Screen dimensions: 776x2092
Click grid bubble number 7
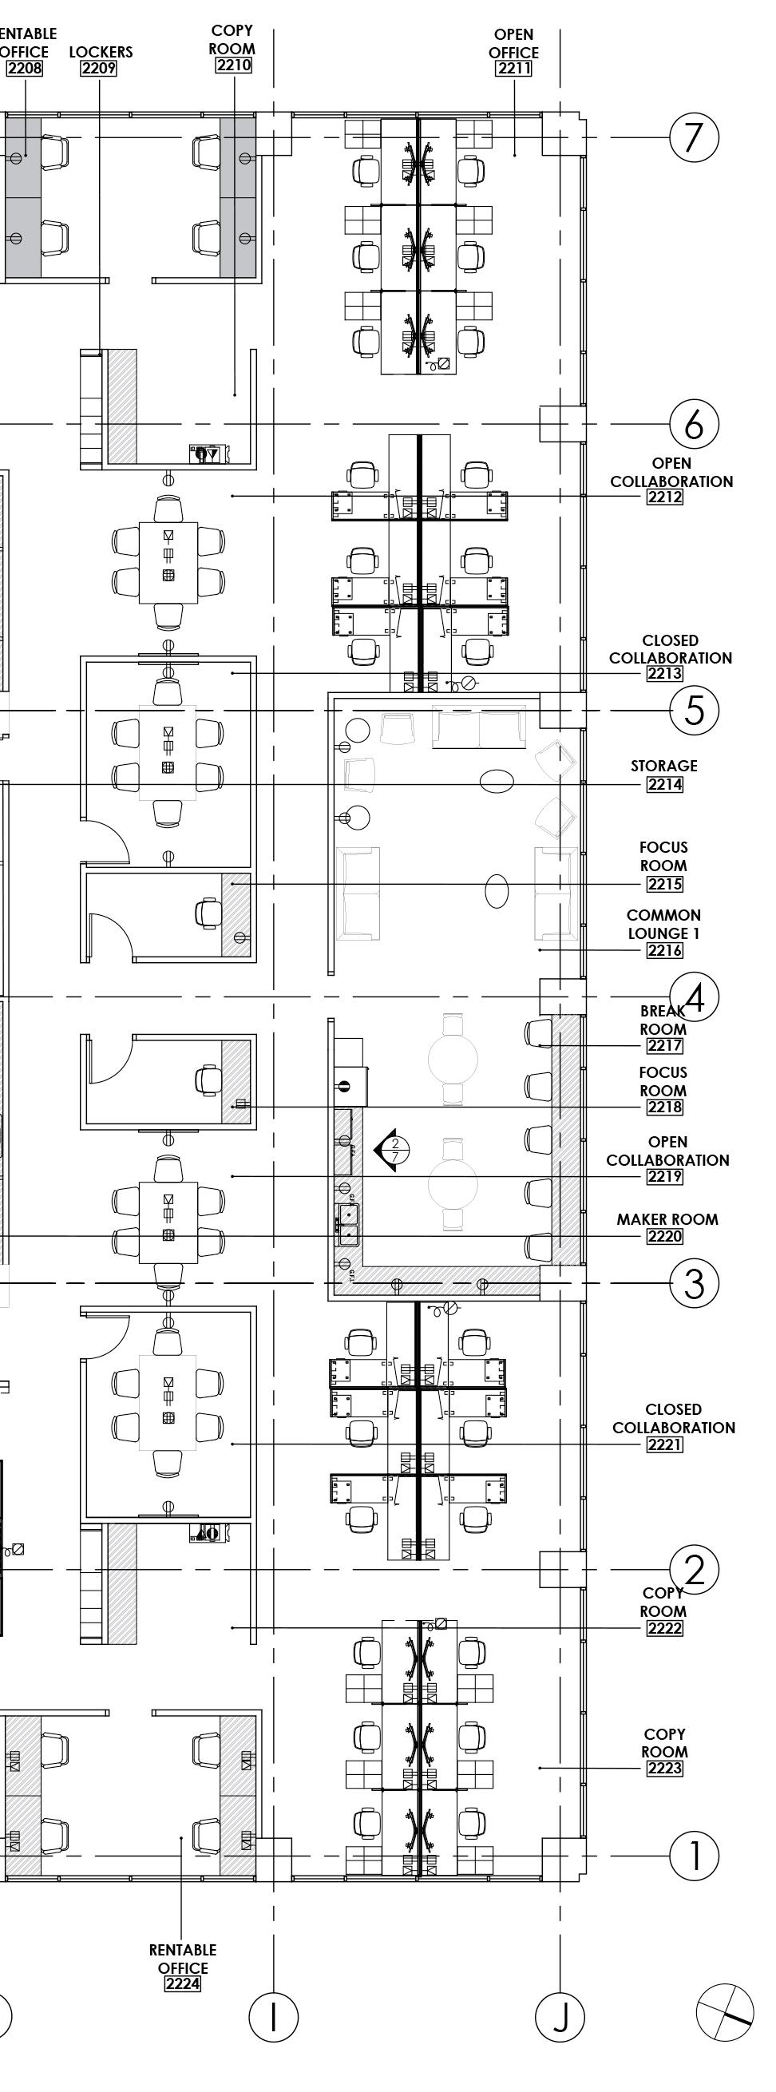point(693,137)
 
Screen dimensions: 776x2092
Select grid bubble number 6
point(693,424)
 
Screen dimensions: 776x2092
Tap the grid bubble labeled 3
point(693,1284)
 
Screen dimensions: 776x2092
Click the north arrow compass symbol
point(725,2012)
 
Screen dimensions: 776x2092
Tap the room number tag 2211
point(514,68)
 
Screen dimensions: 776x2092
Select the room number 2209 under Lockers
point(99,68)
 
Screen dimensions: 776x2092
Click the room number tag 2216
point(665,950)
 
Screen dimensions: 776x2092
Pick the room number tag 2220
point(665,1237)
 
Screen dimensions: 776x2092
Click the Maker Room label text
point(667,1219)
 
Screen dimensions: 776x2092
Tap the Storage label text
point(664,766)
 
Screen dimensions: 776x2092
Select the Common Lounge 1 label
point(664,924)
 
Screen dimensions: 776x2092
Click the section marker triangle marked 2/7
point(386,1150)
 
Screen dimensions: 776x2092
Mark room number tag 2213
point(665,673)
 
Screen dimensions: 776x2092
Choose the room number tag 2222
point(665,1628)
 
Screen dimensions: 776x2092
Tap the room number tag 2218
point(665,1107)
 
